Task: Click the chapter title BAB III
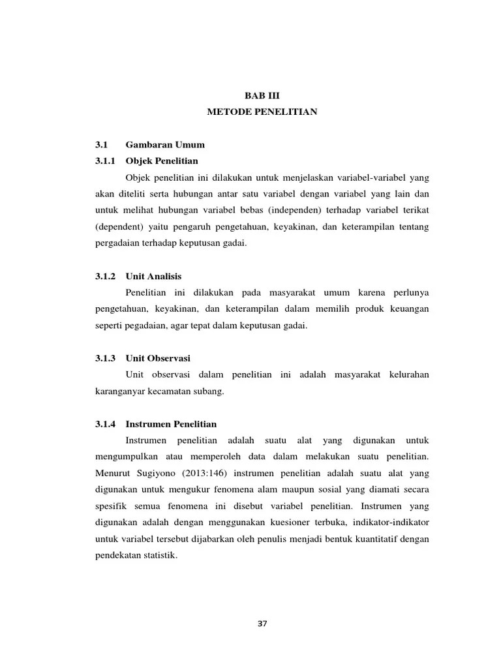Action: pyautogui.click(x=262, y=95)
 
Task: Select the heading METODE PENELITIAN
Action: pyautogui.click(x=262, y=112)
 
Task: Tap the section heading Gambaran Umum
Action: pyautogui.click(x=165, y=145)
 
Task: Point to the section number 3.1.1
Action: pyautogui.click(x=104, y=160)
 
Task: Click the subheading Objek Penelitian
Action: pyautogui.click(x=162, y=160)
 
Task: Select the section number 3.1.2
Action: pyautogui.click(x=104, y=277)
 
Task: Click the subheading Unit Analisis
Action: pyautogui.click(x=153, y=277)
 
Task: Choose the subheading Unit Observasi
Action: pyautogui.click(x=158, y=358)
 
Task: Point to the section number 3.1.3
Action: pyautogui.click(x=104, y=358)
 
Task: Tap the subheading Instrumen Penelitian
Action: pyautogui.click(x=171, y=424)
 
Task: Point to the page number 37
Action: pyautogui.click(x=262, y=624)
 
